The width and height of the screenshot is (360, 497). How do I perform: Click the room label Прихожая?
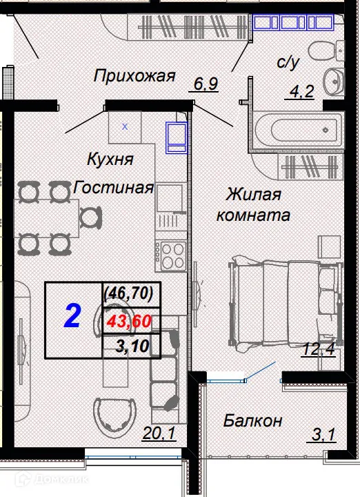(134, 76)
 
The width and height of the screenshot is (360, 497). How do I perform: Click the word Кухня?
(110, 159)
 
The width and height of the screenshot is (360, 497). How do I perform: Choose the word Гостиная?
(113, 187)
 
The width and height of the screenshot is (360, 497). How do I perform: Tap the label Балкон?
(252, 420)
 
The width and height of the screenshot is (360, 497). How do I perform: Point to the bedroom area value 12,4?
(319, 350)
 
